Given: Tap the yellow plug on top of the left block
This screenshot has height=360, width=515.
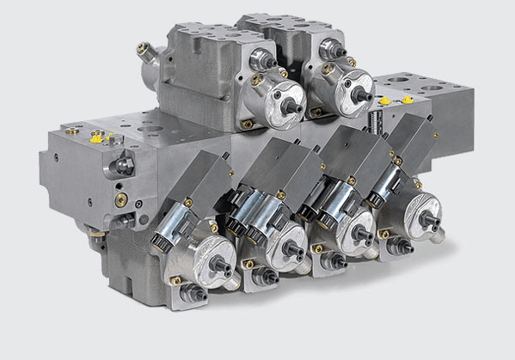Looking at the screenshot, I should (x=96, y=136).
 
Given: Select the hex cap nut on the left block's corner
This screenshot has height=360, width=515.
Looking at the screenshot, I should (x=122, y=163).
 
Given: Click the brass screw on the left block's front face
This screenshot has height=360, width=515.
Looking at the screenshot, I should (x=121, y=200).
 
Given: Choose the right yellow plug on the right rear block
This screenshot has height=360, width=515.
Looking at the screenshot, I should (x=408, y=99).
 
